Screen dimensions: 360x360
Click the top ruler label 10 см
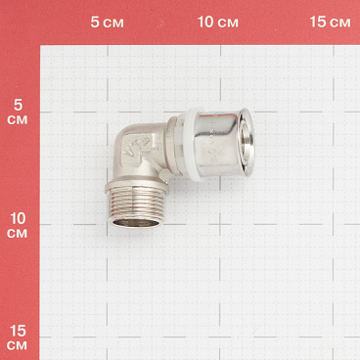click(x=218, y=22)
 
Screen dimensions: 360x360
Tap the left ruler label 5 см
click(x=18, y=111)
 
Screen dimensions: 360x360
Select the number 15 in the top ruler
click(x=317, y=22)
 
